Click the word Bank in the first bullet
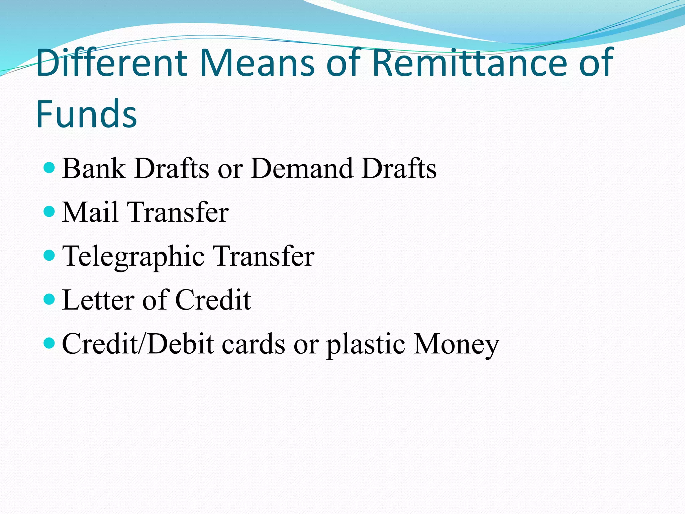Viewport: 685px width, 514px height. [94, 168]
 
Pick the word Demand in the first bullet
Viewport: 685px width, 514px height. [302, 168]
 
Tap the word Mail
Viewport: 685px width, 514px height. [90, 212]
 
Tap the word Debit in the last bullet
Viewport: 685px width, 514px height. [181, 344]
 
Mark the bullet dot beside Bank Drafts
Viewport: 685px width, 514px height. [49, 167]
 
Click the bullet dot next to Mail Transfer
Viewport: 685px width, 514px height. [49, 211]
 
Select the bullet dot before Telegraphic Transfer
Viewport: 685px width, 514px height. [49, 255]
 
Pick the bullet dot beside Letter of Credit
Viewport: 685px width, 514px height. [49, 299]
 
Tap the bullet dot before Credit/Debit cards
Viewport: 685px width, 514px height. [49, 343]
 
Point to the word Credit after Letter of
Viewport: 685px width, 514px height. [213, 300]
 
